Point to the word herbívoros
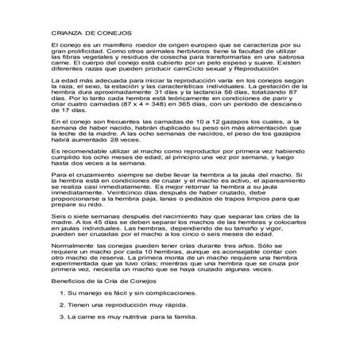(193, 56)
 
